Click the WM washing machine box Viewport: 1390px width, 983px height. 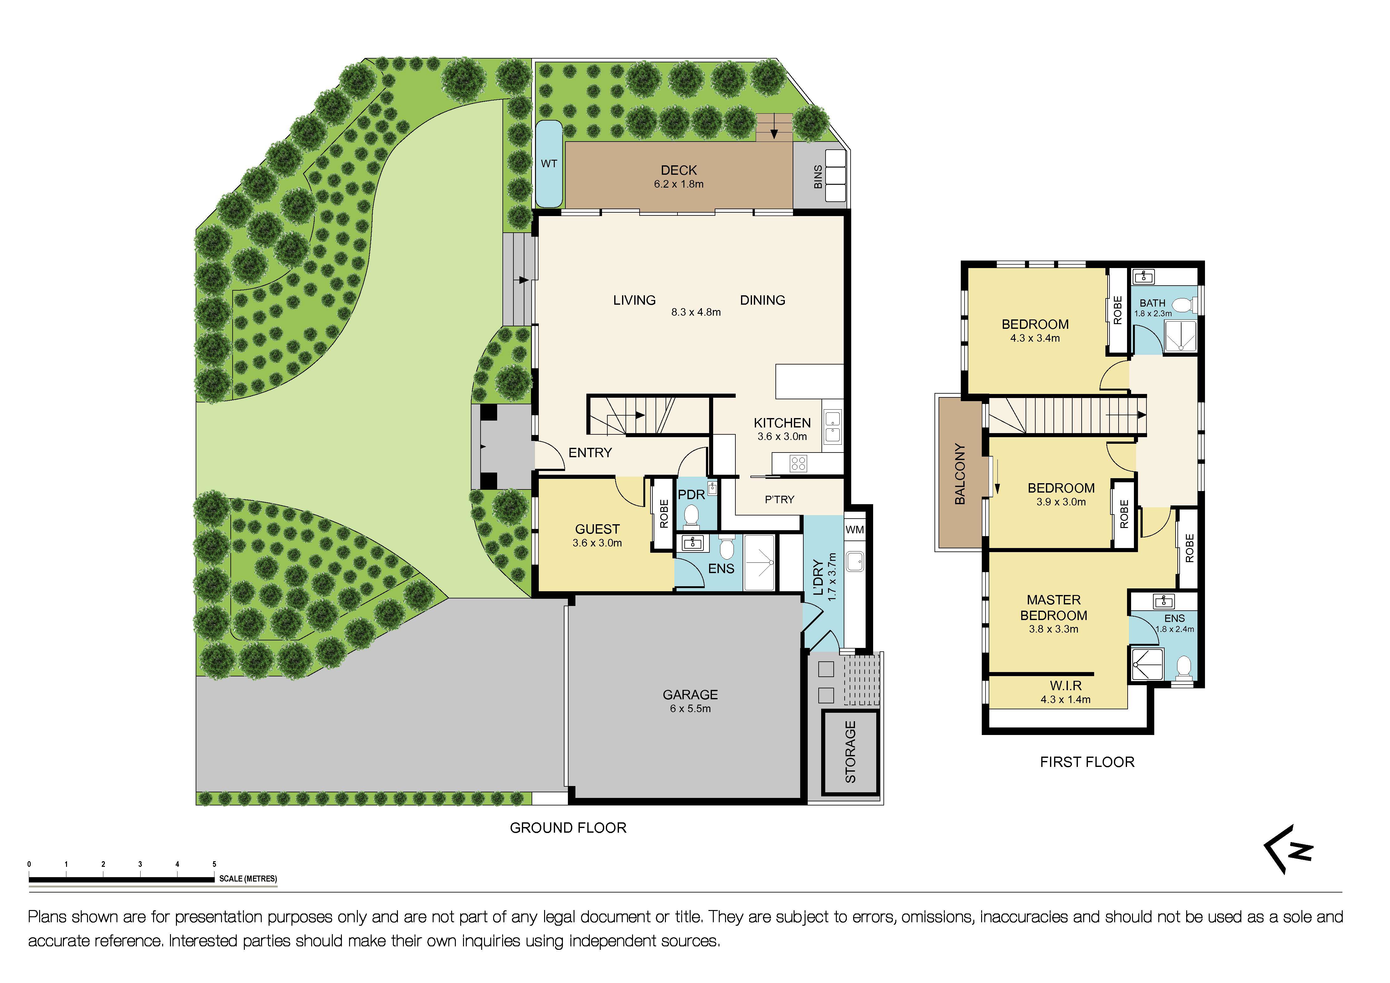click(x=854, y=529)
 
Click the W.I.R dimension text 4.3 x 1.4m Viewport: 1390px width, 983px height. click(x=1065, y=700)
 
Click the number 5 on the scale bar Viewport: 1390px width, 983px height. click(x=214, y=864)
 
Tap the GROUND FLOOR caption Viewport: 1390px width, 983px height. click(x=568, y=828)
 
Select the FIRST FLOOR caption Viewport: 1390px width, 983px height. click(x=1087, y=762)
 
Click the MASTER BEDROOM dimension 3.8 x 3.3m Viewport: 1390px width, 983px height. click(x=1053, y=629)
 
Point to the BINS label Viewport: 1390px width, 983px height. click(x=818, y=177)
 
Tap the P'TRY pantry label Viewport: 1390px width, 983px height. click(x=779, y=500)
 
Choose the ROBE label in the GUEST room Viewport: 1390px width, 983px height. click(x=663, y=514)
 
